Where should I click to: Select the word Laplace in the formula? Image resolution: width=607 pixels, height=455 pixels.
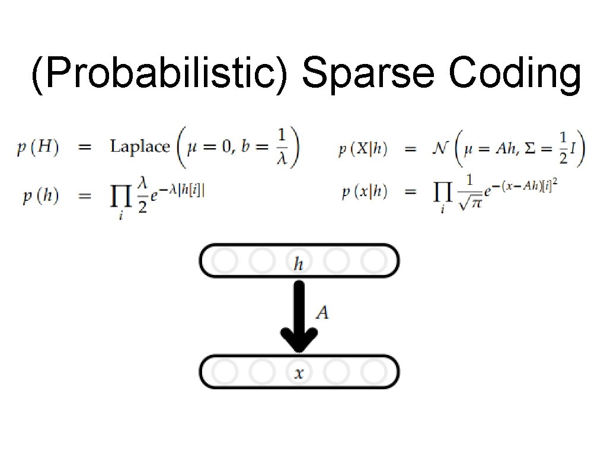pos(140,147)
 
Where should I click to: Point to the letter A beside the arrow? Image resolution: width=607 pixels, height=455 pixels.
pos(321,312)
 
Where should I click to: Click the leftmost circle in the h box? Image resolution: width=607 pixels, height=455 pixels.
pos(224,261)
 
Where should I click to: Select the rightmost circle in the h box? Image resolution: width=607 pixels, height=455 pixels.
pos(373,261)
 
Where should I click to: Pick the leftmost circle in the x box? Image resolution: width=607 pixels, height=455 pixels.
pos(224,372)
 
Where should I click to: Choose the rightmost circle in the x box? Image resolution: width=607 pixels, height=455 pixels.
pos(373,372)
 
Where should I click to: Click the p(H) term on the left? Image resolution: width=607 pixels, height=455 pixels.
pos(37,148)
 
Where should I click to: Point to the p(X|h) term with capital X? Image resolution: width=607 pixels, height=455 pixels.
pos(363,150)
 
